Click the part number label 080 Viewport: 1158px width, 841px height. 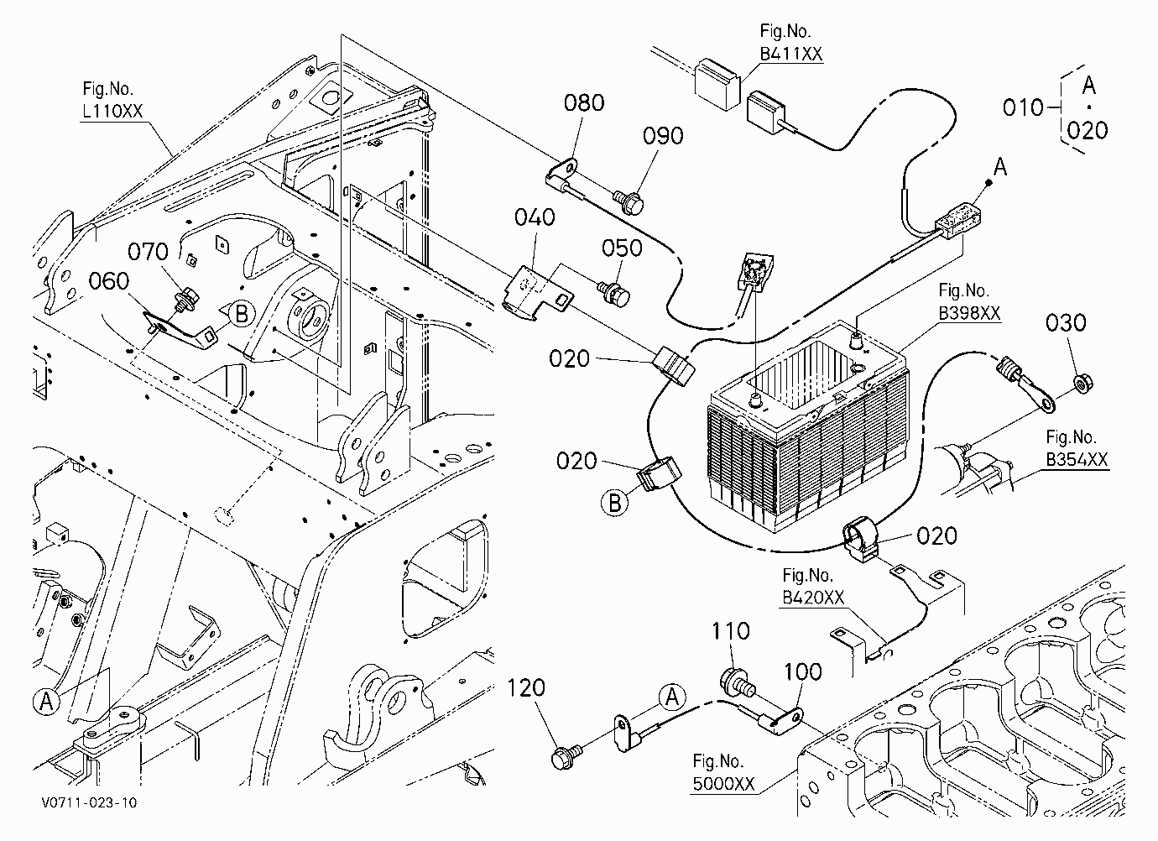(x=584, y=103)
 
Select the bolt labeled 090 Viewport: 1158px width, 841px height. (x=629, y=202)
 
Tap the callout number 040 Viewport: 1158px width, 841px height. (x=535, y=217)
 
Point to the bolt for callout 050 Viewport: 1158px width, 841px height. (x=613, y=293)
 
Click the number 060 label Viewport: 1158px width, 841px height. (x=108, y=281)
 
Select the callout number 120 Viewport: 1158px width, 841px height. (x=526, y=688)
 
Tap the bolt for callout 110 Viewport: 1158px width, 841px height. (x=738, y=682)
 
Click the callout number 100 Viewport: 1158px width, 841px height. (x=803, y=671)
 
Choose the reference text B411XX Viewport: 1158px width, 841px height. (x=791, y=54)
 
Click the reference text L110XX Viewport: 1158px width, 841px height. (x=112, y=111)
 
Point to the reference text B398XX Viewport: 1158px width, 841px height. (x=969, y=313)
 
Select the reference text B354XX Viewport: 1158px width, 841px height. (x=1077, y=460)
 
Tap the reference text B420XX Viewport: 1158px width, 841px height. (x=813, y=598)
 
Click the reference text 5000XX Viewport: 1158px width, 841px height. (x=723, y=784)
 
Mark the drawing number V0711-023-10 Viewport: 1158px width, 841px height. (x=90, y=802)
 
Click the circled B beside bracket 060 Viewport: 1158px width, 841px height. (x=242, y=315)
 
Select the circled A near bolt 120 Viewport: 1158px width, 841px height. (x=672, y=697)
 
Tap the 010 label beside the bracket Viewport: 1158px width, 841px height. (x=1023, y=108)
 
